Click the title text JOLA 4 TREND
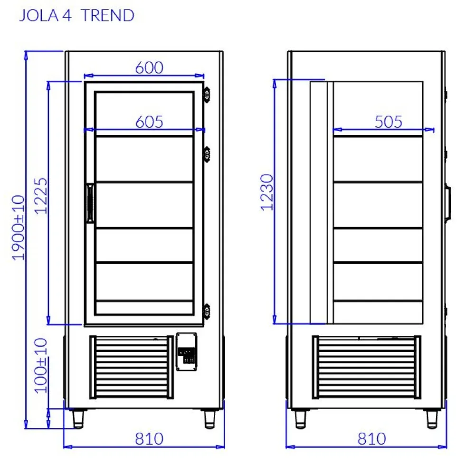click(x=76, y=16)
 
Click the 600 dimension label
click(x=149, y=68)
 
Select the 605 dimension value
click(x=149, y=122)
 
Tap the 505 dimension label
click(x=388, y=122)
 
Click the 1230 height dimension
click(x=267, y=192)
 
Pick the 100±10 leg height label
click(x=42, y=365)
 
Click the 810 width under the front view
click(x=149, y=438)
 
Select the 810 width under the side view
click(x=371, y=438)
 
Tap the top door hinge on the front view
click(x=207, y=94)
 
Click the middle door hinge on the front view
click(x=207, y=154)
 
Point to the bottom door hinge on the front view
click(x=207, y=312)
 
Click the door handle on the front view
click(x=89, y=203)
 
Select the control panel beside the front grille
click(x=186, y=351)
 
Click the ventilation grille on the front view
click(x=132, y=367)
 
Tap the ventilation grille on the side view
click(x=366, y=367)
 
